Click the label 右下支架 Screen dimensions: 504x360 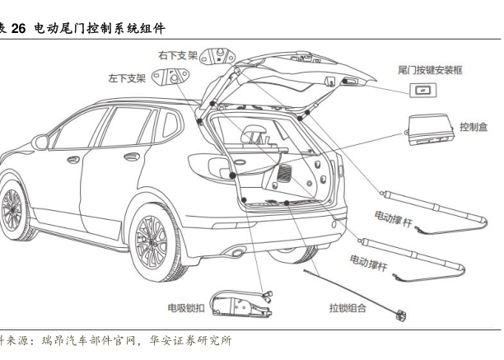177,55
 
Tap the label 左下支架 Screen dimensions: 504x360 127,78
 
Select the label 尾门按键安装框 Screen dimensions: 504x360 430,70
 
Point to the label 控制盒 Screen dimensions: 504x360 474,127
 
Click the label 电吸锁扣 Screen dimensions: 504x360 186,308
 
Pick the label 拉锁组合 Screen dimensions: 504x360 348,308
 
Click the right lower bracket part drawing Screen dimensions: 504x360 217,57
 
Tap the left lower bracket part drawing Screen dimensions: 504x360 170,77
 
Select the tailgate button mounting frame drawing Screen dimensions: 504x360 423,91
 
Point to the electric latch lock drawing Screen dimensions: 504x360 241,304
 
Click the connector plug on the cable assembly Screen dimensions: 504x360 400,315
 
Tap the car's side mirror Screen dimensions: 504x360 40,142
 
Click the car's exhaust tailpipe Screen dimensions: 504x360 238,252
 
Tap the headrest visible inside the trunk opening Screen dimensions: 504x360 254,133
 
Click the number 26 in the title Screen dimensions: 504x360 18,29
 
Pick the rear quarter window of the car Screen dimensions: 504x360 170,124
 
